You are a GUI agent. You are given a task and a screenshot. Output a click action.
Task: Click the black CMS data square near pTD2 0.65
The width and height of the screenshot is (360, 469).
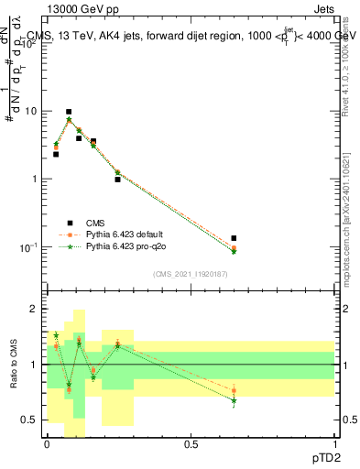234,238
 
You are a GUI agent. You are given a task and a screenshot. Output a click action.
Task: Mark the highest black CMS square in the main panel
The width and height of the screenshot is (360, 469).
69,112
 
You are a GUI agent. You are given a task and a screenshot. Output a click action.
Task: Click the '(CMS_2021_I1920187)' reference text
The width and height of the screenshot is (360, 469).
191,274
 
